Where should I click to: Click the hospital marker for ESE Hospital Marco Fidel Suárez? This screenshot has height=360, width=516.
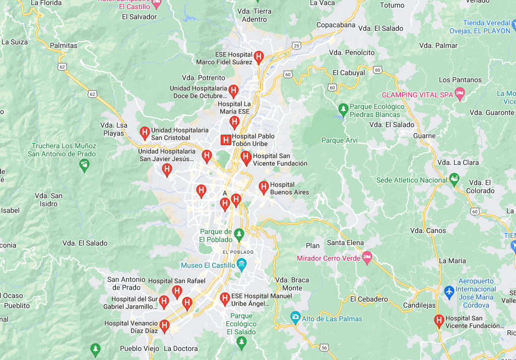point(259,57)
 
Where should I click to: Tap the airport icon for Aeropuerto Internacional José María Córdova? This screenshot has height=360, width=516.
point(449,291)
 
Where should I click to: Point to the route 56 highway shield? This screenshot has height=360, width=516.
point(324,347)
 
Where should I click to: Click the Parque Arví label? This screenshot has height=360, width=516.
point(339,140)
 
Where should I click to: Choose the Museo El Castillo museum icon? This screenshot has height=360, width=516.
point(241,264)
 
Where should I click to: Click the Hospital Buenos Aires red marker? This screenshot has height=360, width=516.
point(263,188)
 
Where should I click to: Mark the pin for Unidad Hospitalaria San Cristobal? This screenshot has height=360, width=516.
point(145,133)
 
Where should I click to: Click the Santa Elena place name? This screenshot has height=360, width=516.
point(345,243)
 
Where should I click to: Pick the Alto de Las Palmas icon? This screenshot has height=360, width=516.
point(295,318)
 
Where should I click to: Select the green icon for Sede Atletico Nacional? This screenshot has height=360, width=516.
point(454,179)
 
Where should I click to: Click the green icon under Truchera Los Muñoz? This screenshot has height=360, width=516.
point(84,164)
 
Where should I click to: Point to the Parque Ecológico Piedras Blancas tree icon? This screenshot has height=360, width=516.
point(343,109)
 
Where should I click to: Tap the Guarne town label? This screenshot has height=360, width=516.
point(424,136)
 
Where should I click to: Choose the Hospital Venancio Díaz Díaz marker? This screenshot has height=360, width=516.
point(164,326)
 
